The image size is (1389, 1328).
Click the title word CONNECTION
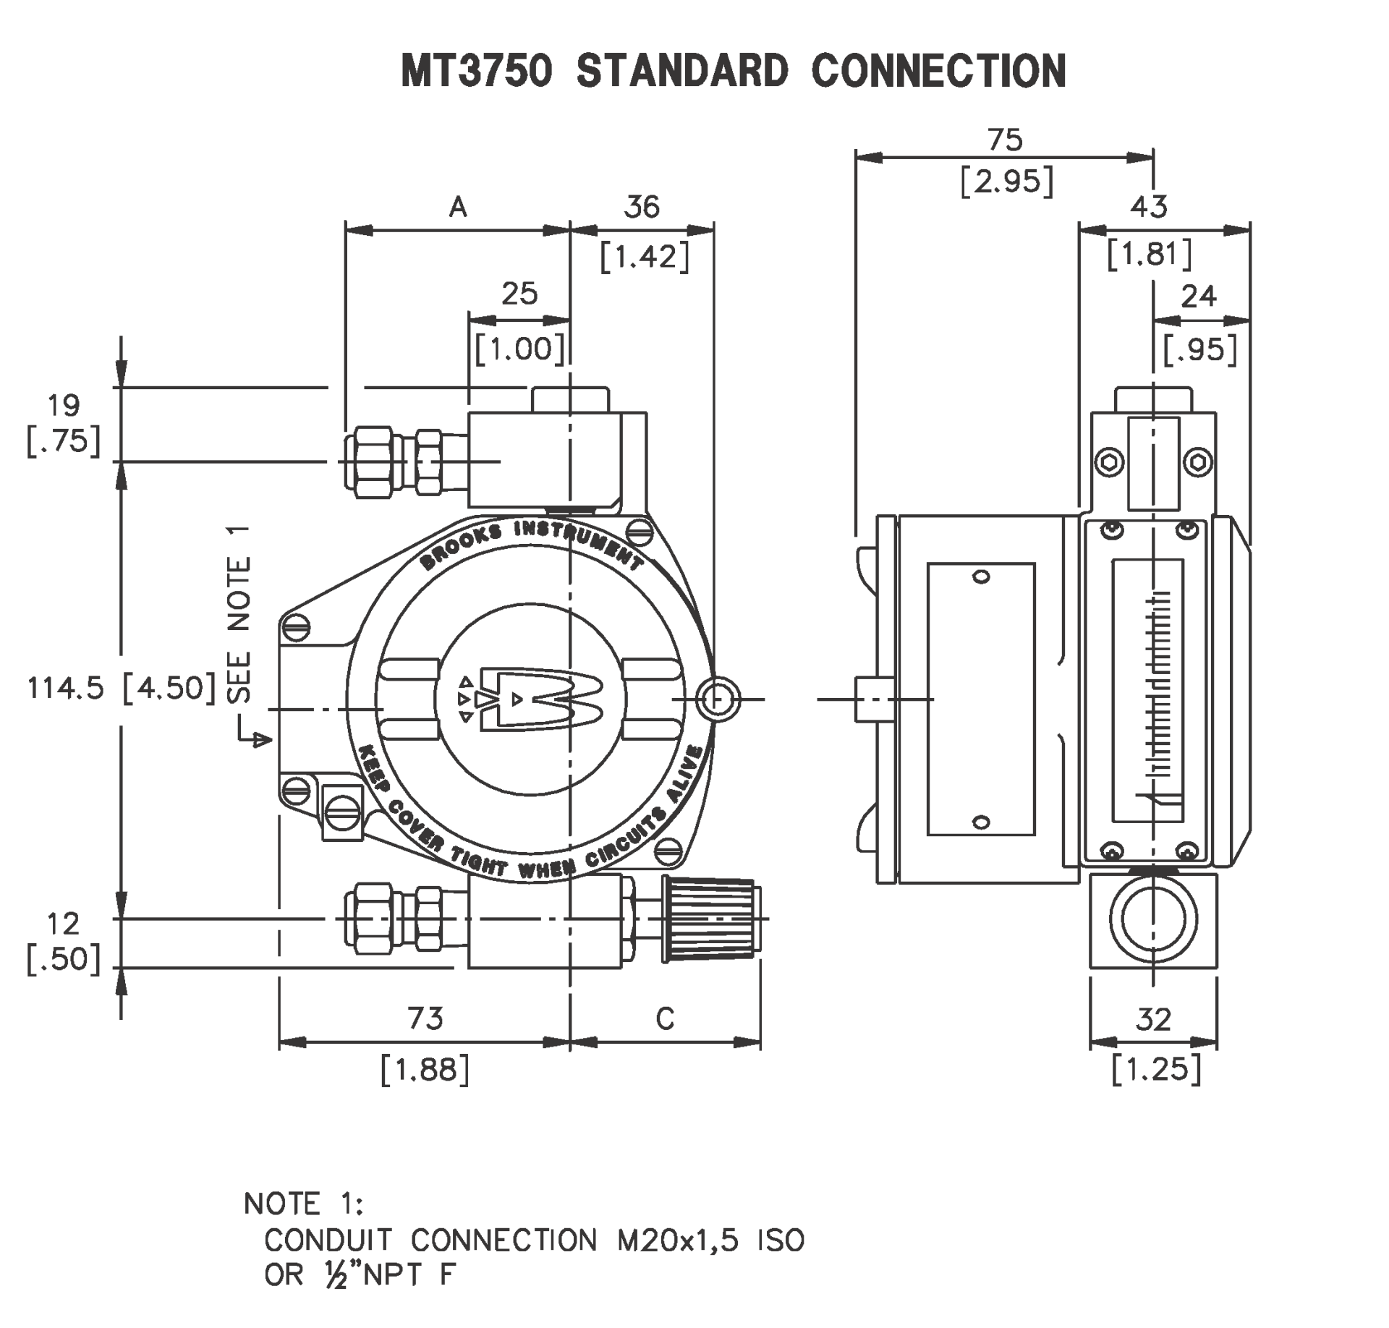(938, 72)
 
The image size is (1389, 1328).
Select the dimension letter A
(458, 208)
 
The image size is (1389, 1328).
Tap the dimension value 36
(642, 208)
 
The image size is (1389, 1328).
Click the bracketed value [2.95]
(1006, 181)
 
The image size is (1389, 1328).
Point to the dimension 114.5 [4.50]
(122, 688)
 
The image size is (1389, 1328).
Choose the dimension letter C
(665, 1019)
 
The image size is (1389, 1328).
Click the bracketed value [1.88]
(425, 1070)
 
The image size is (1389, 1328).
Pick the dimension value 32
(1152, 1020)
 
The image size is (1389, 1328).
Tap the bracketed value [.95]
(1199, 350)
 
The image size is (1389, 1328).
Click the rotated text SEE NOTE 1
(239, 615)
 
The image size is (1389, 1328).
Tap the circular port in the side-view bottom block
(1153, 920)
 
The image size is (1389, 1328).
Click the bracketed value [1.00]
(519, 349)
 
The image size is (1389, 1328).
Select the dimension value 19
(64, 406)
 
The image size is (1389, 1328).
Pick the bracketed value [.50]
(63, 959)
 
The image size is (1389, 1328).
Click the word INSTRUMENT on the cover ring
(579, 542)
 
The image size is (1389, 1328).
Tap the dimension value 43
(1149, 208)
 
